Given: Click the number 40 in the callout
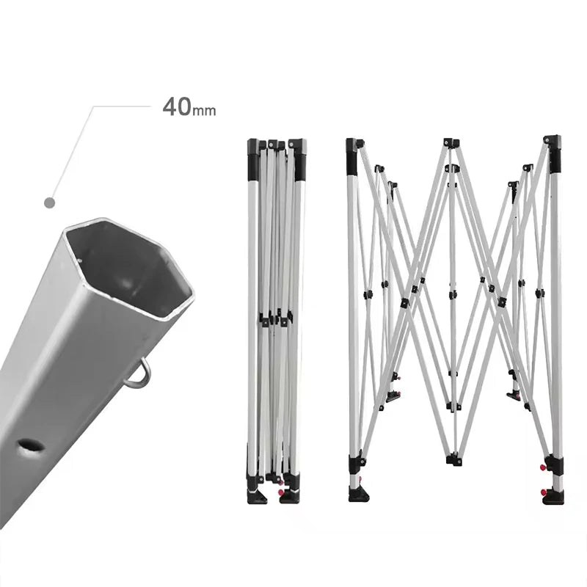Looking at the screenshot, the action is tap(177, 106).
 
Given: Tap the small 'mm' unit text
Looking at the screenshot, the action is tap(204, 111).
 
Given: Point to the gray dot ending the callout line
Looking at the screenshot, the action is tap(49, 203).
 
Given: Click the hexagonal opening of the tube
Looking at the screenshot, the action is tap(129, 269).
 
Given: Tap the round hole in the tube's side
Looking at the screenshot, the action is tap(31, 446).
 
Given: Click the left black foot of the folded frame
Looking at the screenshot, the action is tap(256, 494).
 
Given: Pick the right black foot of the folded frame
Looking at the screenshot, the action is tap(290, 495).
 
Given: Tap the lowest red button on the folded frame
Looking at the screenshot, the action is tap(281, 492).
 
